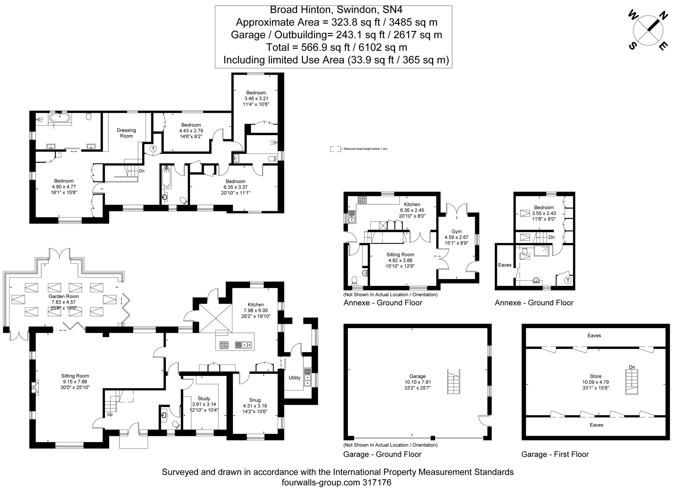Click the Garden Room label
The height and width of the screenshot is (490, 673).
click(x=64, y=296)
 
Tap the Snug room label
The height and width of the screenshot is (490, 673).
click(x=255, y=400)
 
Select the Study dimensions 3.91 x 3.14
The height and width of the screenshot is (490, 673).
click(x=204, y=404)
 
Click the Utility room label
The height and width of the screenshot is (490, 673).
click(x=294, y=378)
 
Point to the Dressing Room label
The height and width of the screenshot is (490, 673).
click(x=126, y=133)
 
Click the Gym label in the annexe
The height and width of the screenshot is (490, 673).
click(x=457, y=231)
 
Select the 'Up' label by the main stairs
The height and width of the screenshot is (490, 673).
click(x=110, y=415)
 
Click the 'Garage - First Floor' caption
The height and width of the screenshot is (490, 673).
click(x=555, y=454)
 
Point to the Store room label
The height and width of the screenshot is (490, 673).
click(x=596, y=376)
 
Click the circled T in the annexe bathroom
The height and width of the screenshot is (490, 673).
click(x=568, y=280)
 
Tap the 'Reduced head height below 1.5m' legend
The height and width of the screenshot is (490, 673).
click(x=365, y=149)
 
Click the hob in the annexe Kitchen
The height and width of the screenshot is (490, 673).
click(x=363, y=200)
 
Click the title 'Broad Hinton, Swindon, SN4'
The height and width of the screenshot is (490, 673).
click(x=336, y=10)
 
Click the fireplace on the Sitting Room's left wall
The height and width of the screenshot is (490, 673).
click(x=35, y=387)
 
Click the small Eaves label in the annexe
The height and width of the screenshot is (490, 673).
click(x=504, y=265)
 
